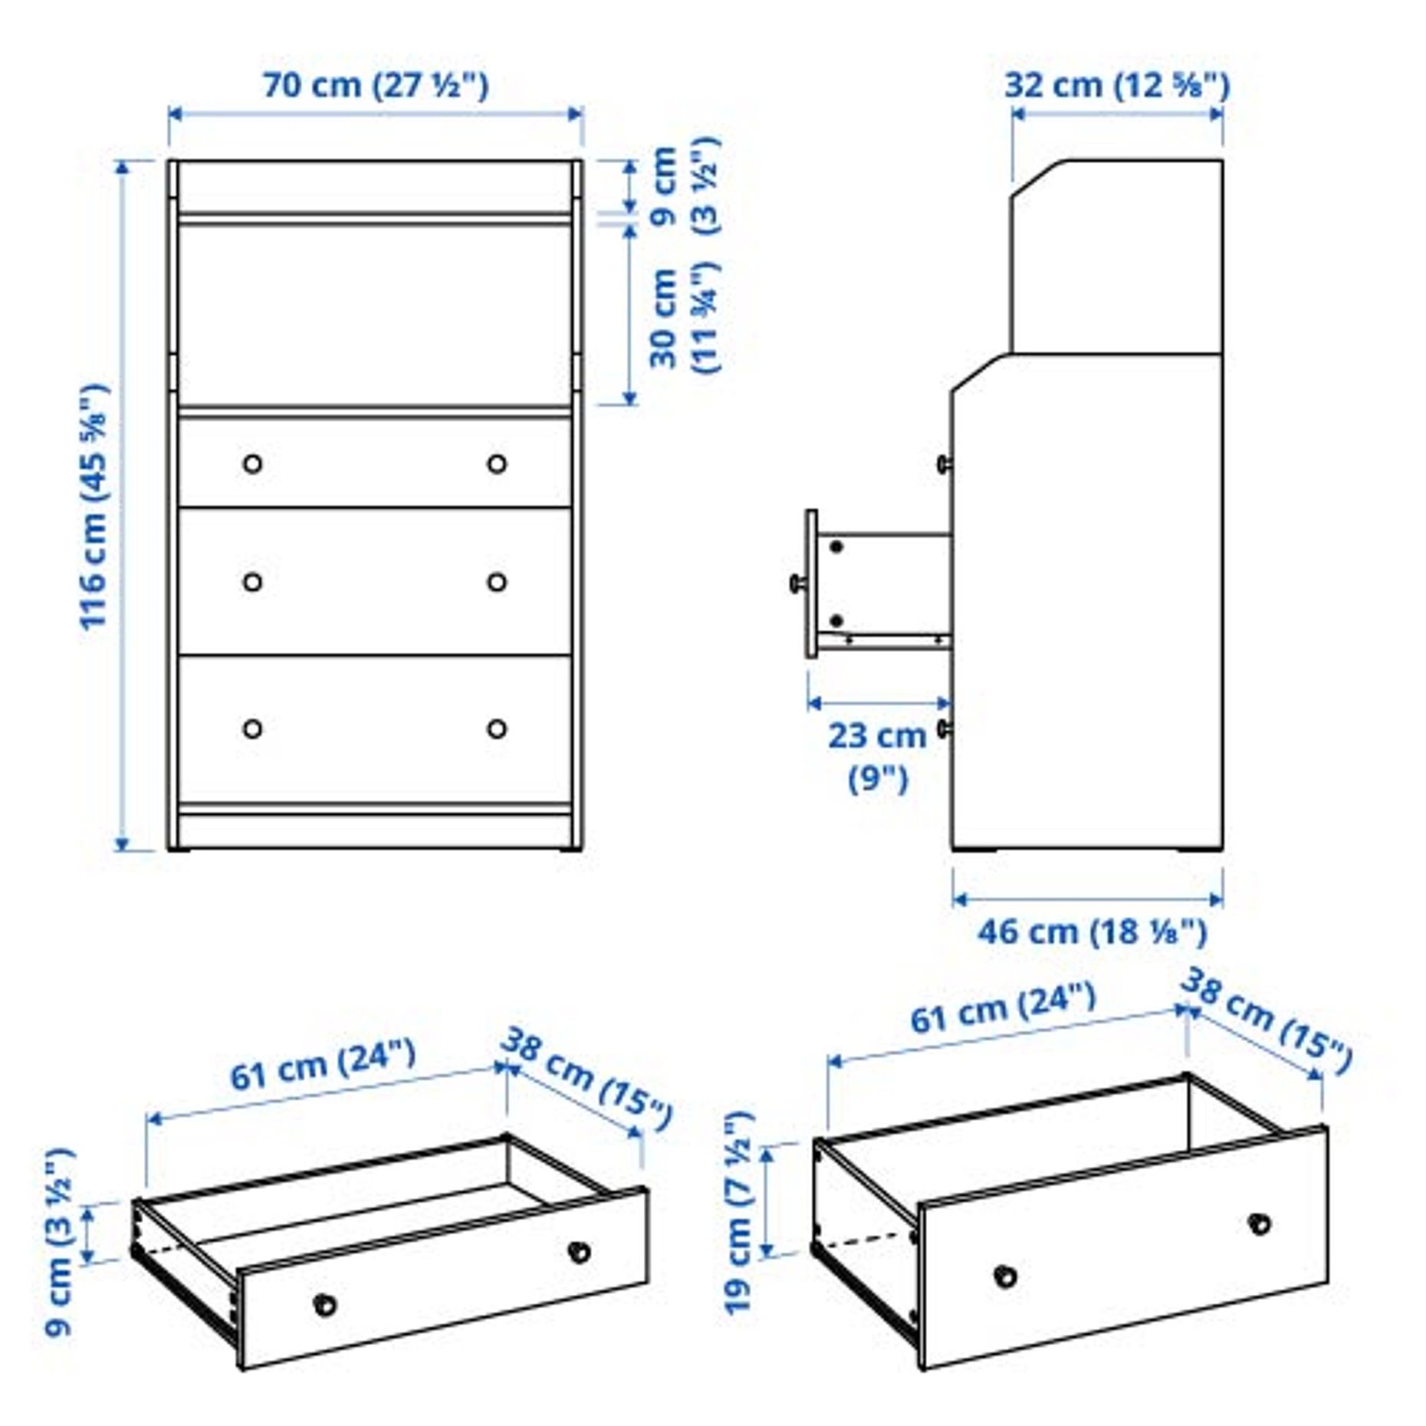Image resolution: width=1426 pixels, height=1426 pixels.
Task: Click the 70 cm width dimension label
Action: (376, 85)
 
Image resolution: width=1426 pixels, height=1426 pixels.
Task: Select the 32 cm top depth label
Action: (1116, 85)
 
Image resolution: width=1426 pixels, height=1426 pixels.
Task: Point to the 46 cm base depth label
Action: (1092, 932)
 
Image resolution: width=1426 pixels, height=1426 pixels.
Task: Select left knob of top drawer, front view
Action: (252, 464)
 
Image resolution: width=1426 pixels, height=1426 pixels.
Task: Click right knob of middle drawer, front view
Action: (497, 582)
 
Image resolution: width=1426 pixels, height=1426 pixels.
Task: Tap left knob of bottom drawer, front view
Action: (252, 728)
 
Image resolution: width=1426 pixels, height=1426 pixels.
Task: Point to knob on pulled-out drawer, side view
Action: (798, 584)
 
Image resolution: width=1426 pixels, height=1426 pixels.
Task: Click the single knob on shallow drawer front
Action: (326, 1304)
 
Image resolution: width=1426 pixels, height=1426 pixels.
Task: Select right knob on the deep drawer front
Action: (1260, 1224)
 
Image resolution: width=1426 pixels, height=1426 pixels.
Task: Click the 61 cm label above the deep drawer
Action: (1003, 1010)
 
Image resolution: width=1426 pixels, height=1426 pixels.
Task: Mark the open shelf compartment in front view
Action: (375, 314)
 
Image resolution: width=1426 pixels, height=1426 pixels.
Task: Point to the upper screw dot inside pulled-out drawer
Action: (836, 547)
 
